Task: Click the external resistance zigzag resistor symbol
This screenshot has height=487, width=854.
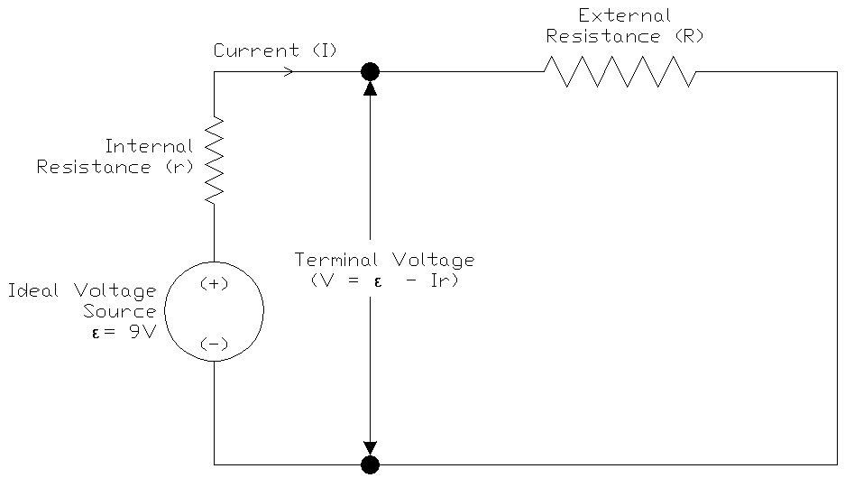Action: [619, 72]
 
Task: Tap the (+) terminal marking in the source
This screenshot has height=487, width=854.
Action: [214, 284]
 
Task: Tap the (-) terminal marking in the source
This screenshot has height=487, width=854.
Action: [214, 344]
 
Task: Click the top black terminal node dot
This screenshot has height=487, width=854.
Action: [370, 72]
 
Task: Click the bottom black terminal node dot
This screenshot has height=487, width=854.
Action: [370, 464]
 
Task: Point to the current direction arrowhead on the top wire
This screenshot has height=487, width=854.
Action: [288, 72]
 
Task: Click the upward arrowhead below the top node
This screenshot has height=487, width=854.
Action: [370, 87]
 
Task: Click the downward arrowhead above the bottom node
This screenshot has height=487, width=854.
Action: [370, 449]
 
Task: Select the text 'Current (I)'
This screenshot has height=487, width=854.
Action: [275, 51]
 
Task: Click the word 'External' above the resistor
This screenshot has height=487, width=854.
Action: [624, 16]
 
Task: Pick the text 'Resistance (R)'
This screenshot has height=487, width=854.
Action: [624, 37]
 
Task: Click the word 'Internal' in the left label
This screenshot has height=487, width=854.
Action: [149, 146]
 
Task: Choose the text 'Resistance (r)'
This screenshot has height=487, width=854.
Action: [115, 167]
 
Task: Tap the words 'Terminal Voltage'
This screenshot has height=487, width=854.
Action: [384, 260]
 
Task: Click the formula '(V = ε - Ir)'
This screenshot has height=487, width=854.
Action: [384, 280]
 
